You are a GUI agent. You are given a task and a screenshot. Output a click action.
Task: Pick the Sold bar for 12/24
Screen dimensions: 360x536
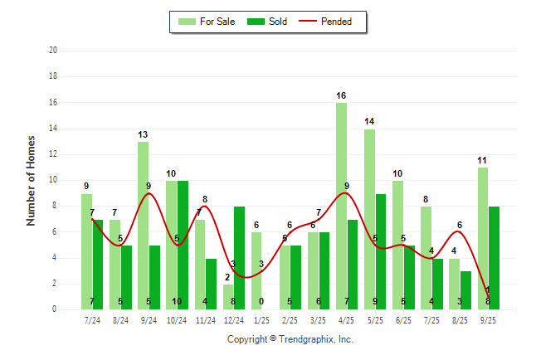[239, 257]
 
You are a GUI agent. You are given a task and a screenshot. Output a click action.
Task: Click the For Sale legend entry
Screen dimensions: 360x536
[207, 22]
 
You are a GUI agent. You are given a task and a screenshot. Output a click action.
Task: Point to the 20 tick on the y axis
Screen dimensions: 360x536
[52, 50]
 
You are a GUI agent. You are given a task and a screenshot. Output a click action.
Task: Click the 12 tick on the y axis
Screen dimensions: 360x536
[52, 154]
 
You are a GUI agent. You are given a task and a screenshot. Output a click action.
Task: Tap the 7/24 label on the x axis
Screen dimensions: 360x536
[92, 319]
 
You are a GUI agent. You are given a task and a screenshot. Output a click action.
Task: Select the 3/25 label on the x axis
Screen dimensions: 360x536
[318, 319]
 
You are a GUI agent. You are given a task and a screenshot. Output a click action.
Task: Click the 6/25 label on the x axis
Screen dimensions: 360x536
[403, 319]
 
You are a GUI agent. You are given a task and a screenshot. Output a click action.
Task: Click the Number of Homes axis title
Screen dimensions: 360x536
[31, 180]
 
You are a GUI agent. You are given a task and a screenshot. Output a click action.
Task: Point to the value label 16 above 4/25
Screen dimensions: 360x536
[341, 96]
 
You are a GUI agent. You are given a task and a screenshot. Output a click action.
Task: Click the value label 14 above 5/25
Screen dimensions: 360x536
[369, 122]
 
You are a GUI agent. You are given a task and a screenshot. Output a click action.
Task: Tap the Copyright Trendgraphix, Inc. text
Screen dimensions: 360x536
[290, 339]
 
